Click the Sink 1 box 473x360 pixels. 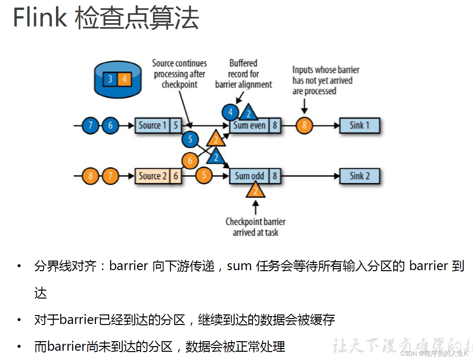[359, 126]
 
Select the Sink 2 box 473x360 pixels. [359, 176]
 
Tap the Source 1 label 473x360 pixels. [152, 126]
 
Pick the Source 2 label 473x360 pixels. [152, 176]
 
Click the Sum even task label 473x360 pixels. [249, 126]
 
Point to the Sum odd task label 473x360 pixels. [249, 176]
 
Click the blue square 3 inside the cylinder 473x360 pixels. [110, 79]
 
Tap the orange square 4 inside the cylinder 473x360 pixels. [124, 79]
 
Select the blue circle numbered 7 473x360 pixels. [90, 126]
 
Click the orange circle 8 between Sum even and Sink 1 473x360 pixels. [304, 126]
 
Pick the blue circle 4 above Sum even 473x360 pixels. [230, 112]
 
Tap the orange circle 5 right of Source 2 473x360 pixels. [204, 175]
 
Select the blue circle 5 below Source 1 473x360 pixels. [190, 139]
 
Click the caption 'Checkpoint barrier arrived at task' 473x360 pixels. [255, 227]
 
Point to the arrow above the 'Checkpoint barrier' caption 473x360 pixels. [255, 208]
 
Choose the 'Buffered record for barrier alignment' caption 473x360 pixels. [243, 74]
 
